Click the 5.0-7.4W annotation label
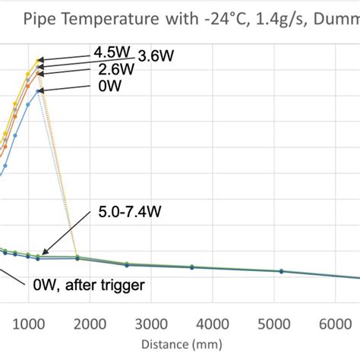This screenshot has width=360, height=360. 130,216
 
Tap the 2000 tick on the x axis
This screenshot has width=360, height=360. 91,324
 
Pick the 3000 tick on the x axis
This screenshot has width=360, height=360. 153,324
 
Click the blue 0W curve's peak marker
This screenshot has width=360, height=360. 39,90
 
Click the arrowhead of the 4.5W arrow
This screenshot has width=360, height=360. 40,59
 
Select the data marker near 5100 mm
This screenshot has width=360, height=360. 281,271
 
